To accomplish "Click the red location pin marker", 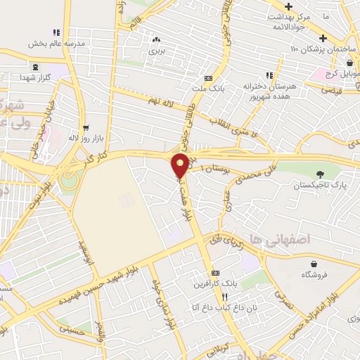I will pyautogui.click(x=180, y=166).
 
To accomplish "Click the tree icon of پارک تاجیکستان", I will pyautogui.click(x=321, y=174).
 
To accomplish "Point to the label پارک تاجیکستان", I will pyautogui.click(x=321, y=185).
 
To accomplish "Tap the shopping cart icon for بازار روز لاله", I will pyautogui.click(x=86, y=129).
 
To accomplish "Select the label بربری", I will pyautogui.click(x=155, y=51).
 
